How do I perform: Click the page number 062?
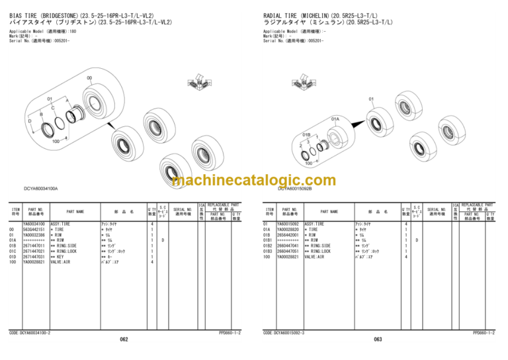coord(124,339)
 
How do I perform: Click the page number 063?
coord(378,339)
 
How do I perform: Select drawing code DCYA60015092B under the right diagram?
coord(294,189)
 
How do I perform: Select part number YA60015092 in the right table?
coord(288,224)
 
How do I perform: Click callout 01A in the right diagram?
coord(335,119)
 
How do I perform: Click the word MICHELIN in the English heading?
coord(316,14)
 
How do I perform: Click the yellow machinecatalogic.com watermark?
coord(253,181)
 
